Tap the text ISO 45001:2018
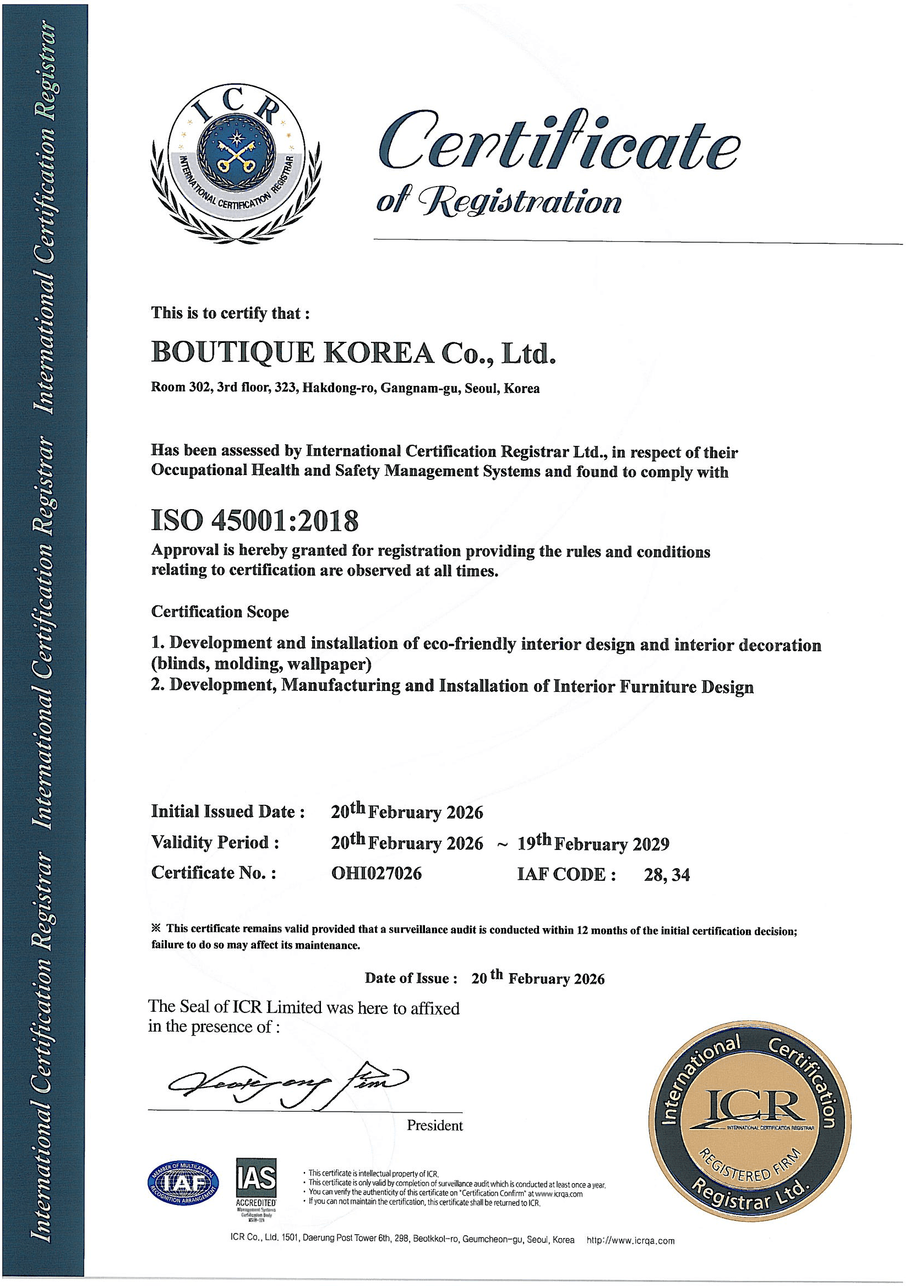254,521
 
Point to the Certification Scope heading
220,612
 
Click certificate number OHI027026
376,872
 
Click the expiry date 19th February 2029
593,844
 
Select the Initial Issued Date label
228,811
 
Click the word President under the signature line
434,1126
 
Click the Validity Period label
215,842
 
